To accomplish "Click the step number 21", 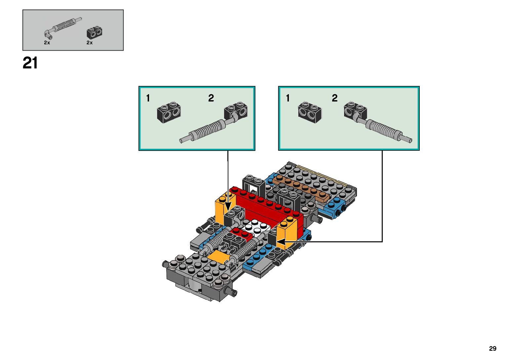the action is click(x=30, y=63).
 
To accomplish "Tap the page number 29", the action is click(x=492, y=348).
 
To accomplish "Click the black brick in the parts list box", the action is click(x=95, y=32).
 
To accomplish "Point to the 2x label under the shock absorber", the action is click(x=47, y=43).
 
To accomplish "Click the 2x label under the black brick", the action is click(x=90, y=43).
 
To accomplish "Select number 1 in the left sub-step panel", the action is click(x=148, y=98).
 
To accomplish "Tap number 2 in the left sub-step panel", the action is click(x=211, y=98).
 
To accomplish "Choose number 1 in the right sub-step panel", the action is click(x=288, y=98).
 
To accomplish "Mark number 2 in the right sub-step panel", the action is click(x=334, y=98).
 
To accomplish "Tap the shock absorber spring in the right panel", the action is click(x=383, y=129).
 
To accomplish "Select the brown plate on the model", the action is click(x=301, y=187).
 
